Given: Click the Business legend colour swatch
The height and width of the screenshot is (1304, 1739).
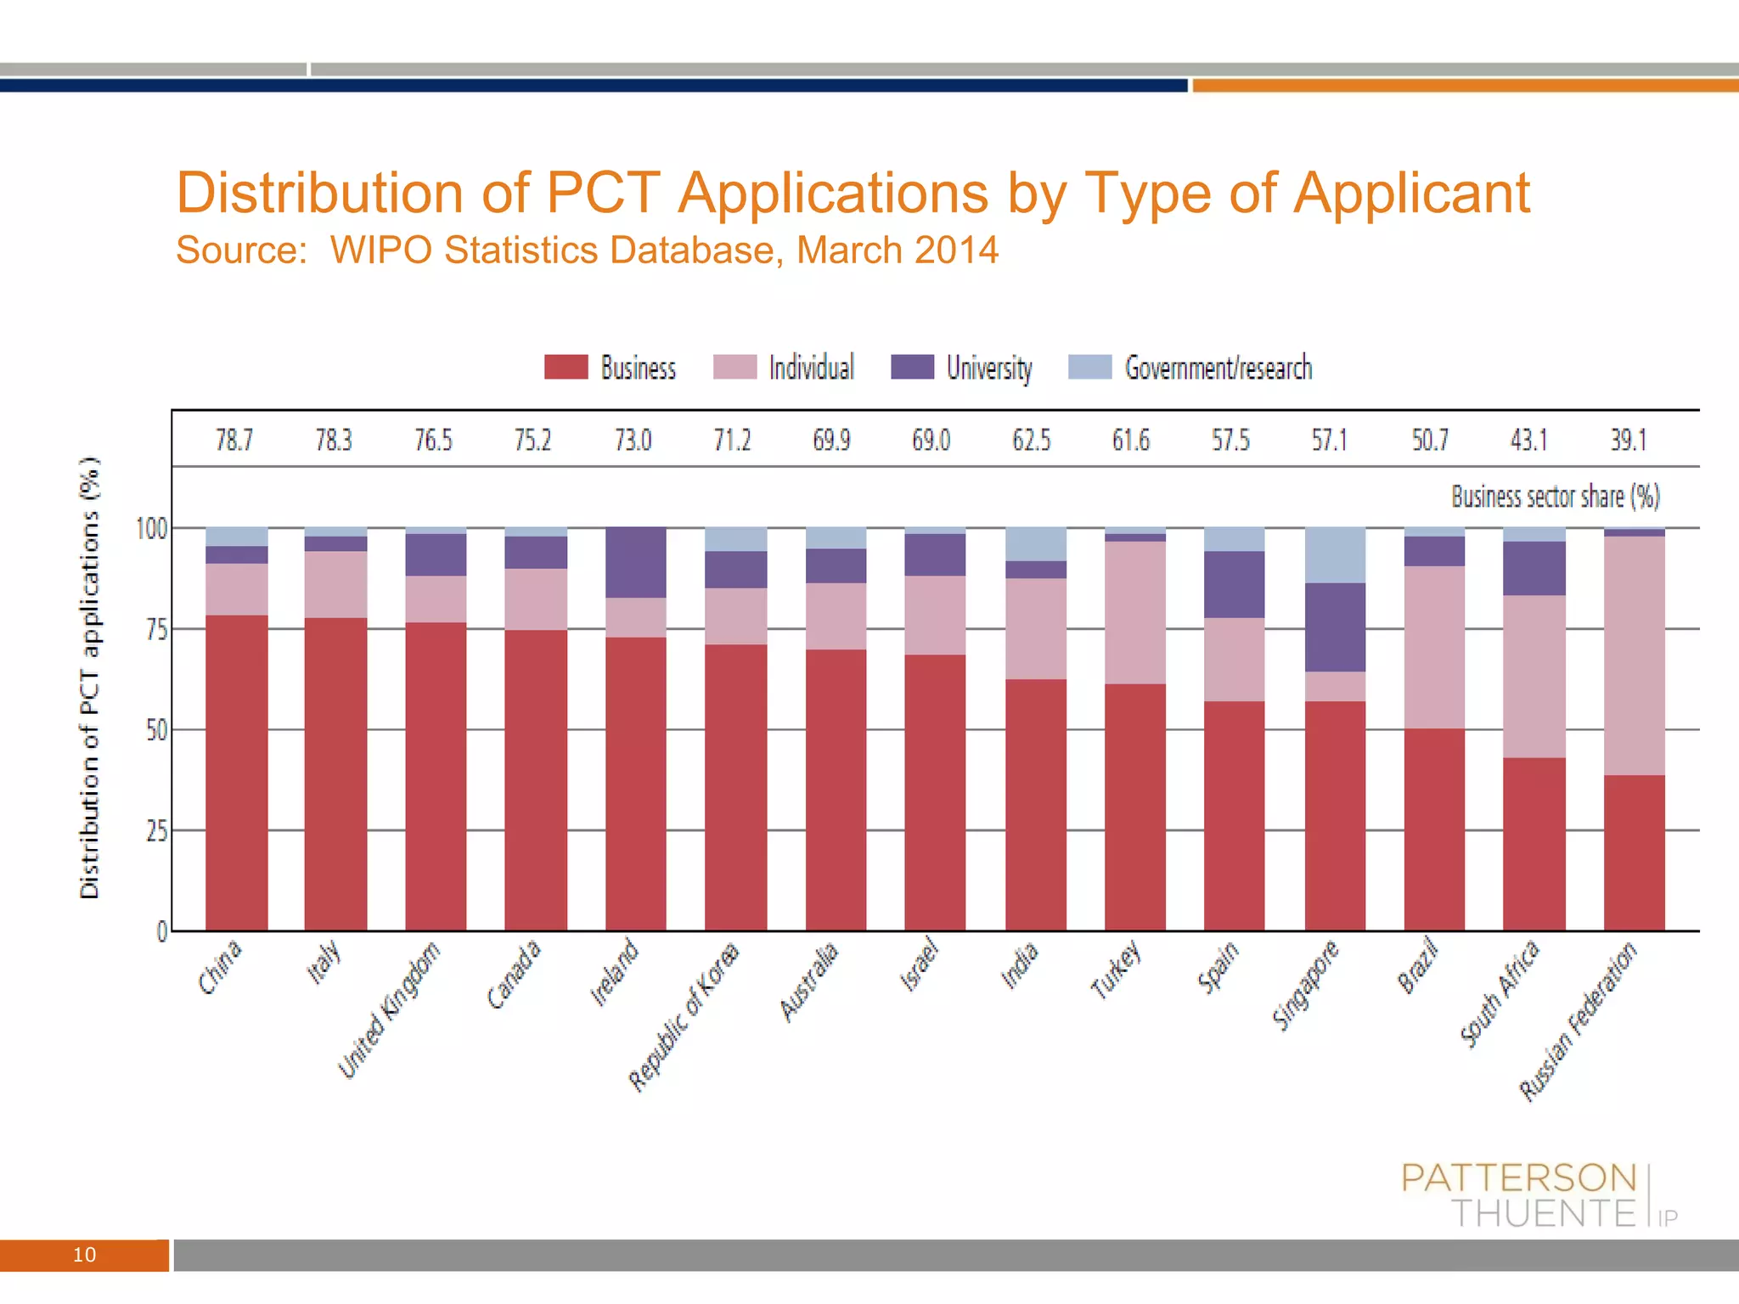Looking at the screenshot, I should click(566, 367).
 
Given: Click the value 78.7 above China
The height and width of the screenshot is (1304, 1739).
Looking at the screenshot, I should click(234, 440).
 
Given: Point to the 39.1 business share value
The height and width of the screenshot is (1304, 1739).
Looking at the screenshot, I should click(1629, 440).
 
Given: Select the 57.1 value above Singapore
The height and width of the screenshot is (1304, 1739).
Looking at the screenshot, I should click(1330, 440).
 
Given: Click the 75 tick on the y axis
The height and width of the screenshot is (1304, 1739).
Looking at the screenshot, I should click(156, 629).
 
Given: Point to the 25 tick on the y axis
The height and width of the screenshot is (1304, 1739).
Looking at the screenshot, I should click(156, 831).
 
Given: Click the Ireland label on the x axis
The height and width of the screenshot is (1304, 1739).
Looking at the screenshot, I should click(615, 972).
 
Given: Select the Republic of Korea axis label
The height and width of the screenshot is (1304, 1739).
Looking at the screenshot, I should click(684, 1015).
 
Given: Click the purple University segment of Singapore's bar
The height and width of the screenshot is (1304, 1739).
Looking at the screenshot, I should click(1335, 627).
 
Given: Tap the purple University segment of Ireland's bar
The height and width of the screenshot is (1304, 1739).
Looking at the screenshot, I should click(635, 562).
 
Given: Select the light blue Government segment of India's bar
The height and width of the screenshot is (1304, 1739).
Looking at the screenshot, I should click(1035, 543).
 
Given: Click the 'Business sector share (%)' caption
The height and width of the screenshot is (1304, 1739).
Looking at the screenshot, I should click(1555, 497).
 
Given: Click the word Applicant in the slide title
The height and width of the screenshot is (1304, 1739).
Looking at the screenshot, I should click(1411, 193).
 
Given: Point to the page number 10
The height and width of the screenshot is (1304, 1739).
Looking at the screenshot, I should click(84, 1255).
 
